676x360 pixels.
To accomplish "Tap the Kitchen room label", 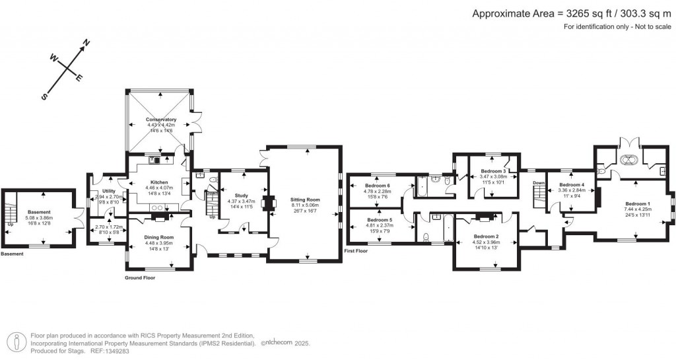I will point(159,182).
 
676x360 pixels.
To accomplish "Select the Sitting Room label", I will point(304,199).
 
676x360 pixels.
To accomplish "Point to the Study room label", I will point(241,195).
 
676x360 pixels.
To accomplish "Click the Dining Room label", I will point(158,237).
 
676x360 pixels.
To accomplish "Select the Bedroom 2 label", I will point(486,236).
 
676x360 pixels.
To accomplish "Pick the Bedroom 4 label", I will point(572,184).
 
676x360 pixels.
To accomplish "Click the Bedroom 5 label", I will point(379,219).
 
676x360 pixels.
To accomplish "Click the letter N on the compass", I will point(85,44).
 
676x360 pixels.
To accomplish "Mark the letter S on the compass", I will point(45,96).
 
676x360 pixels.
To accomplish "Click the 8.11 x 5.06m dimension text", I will point(304,205).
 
